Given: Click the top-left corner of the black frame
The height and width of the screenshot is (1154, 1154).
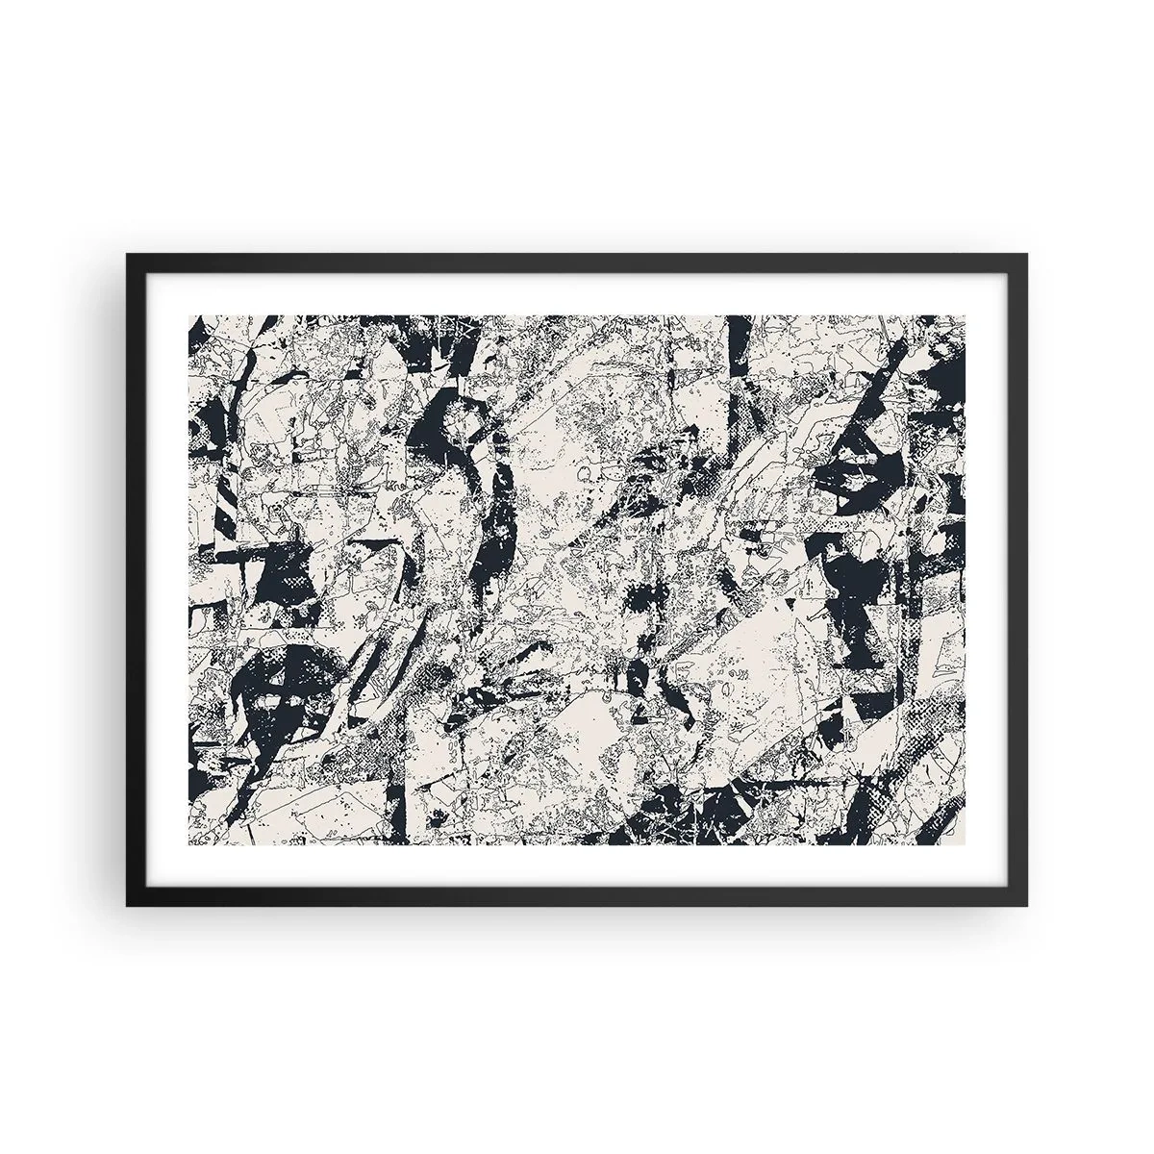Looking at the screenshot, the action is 127,254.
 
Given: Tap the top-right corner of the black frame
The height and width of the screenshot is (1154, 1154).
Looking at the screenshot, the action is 1026,254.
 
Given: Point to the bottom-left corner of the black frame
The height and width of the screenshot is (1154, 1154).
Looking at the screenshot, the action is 127,906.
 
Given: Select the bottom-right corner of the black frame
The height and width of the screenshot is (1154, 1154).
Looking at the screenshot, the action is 1026,906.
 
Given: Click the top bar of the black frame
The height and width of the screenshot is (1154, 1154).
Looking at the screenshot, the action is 577,260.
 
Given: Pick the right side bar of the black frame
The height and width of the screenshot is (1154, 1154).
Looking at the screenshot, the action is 1020,577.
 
